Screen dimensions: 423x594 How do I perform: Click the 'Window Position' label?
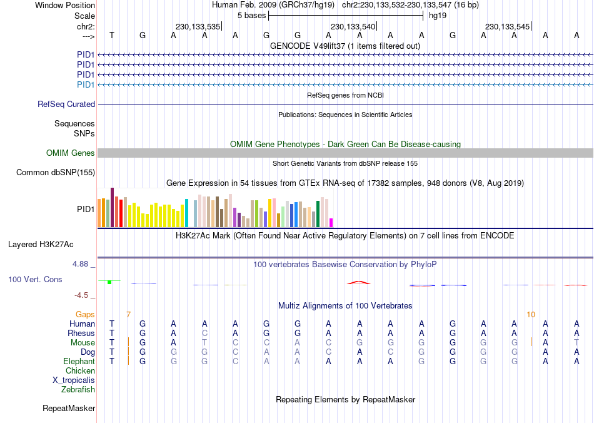pyautogui.click(x=65, y=5)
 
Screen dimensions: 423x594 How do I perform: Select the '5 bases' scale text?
pyautogui.click(x=251, y=15)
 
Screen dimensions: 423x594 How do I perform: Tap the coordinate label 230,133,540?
pyautogui.click(x=353, y=26)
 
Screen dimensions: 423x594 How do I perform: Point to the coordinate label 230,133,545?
pyautogui.click(x=507, y=26)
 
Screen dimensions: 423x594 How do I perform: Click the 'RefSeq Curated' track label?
pyautogui.click(x=66, y=104)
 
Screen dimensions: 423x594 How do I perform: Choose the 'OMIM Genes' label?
pyautogui.click(x=71, y=153)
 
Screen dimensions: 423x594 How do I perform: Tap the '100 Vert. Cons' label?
pyautogui.click(x=35, y=279)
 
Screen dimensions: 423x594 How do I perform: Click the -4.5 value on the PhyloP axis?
pyautogui.click(x=84, y=295)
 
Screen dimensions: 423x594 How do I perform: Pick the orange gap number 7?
pyautogui.click(x=128, y=314)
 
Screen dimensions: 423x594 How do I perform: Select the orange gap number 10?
pyautogui.click(x=531, y=314)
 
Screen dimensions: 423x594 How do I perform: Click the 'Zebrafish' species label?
pyautogui.click(x=78, y=390)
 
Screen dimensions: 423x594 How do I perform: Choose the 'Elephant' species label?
pyautogui.click(x=79, y=362)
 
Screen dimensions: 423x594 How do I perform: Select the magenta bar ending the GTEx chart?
pyautogui.click(x=331, y=223)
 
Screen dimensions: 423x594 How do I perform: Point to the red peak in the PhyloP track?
pyautogui.click(x=360, y=282)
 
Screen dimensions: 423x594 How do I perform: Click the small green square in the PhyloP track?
pyautogui.click(x=109, y=282)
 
